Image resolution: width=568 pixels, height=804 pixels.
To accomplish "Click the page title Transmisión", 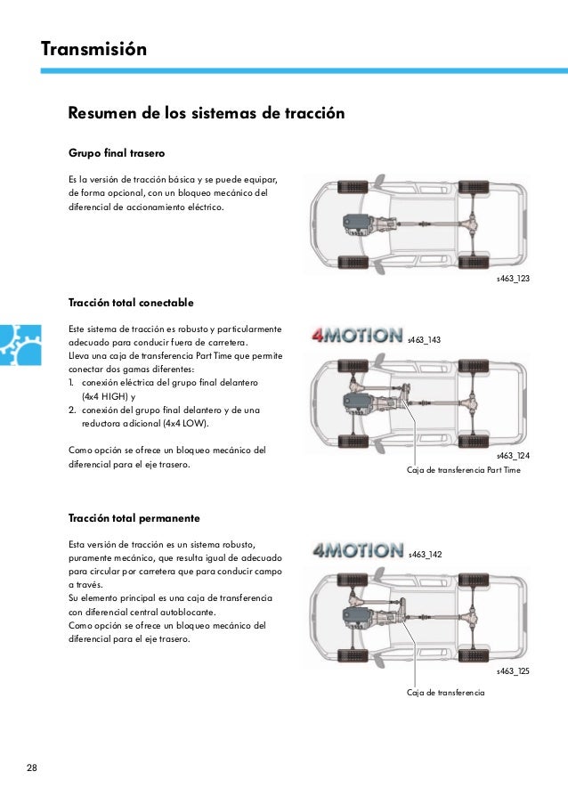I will tap(93, 48).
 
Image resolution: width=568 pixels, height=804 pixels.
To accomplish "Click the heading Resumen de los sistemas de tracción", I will tap(207, 114).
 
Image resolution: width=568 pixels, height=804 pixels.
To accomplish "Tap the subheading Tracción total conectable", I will tap(131, 303).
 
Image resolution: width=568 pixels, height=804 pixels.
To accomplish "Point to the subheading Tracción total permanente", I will tap(134, 517).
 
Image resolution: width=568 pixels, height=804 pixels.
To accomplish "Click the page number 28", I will tap(33, 768).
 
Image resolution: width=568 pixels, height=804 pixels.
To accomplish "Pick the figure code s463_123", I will tap(514, 280).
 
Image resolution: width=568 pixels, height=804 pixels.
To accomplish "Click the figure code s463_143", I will tap(424, 340).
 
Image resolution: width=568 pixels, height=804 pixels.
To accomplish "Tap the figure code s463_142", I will tap(426, 554).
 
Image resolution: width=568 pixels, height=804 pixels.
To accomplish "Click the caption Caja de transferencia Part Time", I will tap(463, 469).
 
